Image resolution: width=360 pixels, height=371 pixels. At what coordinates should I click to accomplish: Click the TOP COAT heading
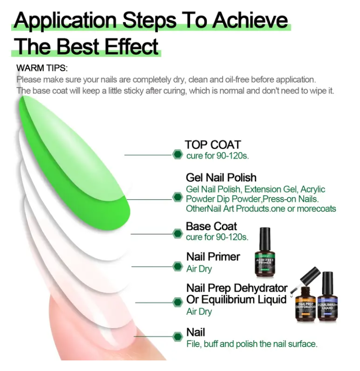tap(213, 144)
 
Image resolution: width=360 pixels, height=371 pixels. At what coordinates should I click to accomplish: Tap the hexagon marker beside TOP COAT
tap(177, 155)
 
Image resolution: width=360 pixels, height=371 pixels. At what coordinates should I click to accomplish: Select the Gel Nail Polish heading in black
tap(221, 178)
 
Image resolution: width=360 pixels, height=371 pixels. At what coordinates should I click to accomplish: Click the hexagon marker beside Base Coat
tap(177, 234)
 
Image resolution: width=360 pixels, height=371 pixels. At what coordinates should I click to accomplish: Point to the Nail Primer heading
tap(213, 257)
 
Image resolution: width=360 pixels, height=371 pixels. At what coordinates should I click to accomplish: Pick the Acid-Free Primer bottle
tap(265, 252)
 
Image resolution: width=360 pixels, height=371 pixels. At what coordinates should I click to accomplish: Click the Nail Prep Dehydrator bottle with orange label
tap(306, 304)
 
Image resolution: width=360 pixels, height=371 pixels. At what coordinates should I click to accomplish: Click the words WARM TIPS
tap(42, 68)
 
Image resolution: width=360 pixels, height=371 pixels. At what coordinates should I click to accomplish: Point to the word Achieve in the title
tap(250, 20)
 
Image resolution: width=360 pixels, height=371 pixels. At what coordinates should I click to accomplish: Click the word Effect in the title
tap(132, 47)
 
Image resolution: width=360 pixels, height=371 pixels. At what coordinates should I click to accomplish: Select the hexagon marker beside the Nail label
tap(177, 336)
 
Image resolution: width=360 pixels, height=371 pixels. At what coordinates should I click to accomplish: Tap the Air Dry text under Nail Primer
tap(199, 269)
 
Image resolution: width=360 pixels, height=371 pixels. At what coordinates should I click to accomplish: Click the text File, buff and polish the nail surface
tap(252, 344)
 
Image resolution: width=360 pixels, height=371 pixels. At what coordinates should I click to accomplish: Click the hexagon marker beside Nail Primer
tap(177, 266)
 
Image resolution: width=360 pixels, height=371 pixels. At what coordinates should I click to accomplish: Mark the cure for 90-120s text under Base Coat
tap(217, 237)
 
